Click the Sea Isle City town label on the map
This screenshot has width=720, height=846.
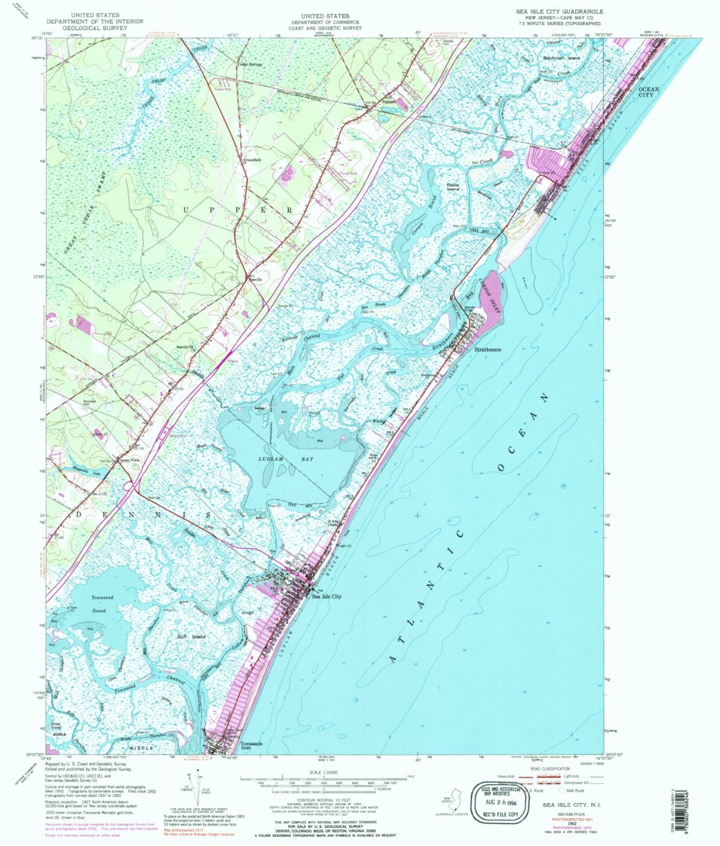(x=326, y=596)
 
